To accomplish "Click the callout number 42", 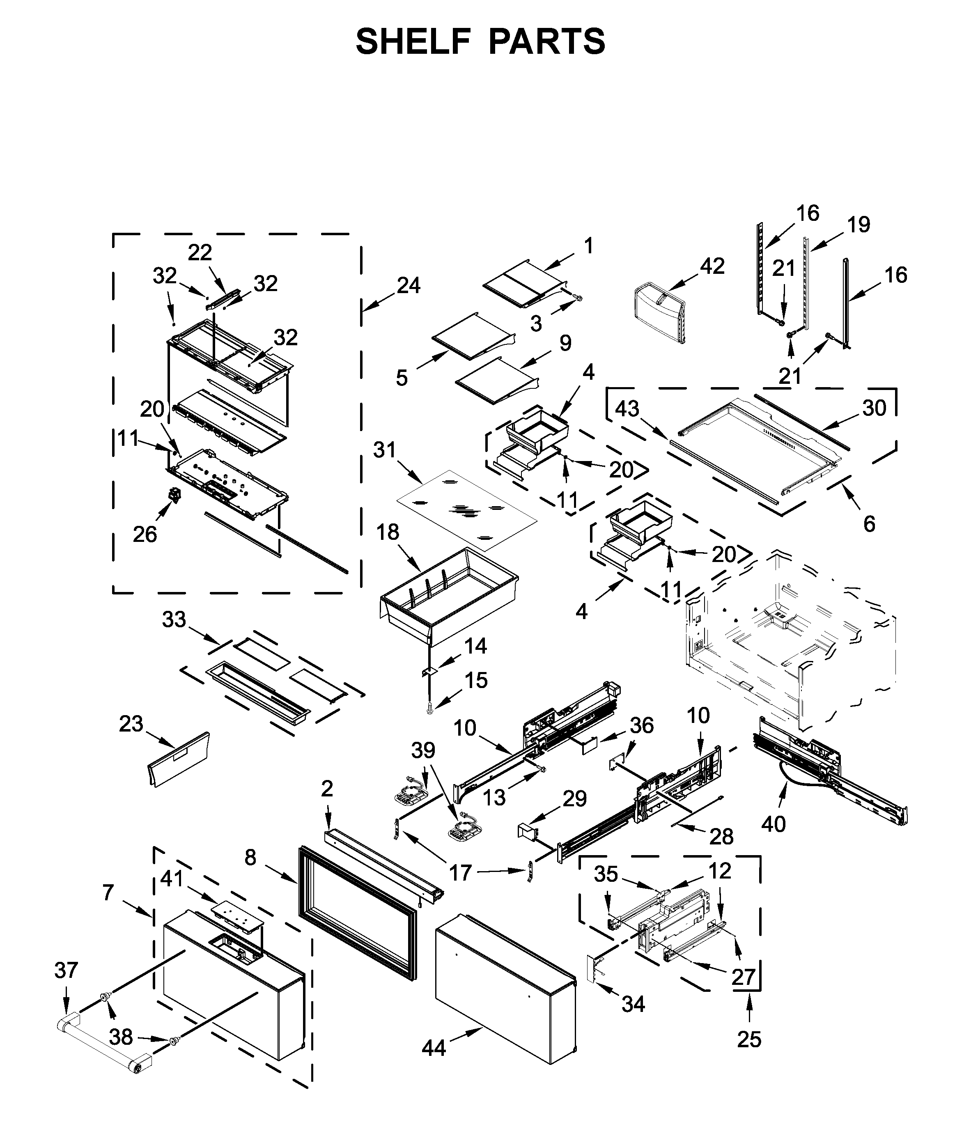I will click(712, 266).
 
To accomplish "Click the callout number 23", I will click(131, 724).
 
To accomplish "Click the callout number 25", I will click(748, 1039).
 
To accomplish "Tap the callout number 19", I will click(858, 225).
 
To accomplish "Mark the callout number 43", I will click(627, 408).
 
